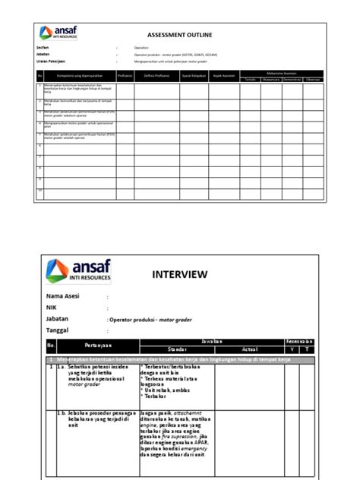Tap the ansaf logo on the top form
[x=58, y=33]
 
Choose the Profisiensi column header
[x=125, y=76]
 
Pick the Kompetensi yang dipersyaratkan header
[x=71, y=76]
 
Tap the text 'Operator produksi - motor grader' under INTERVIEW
[x=152, y=321]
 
